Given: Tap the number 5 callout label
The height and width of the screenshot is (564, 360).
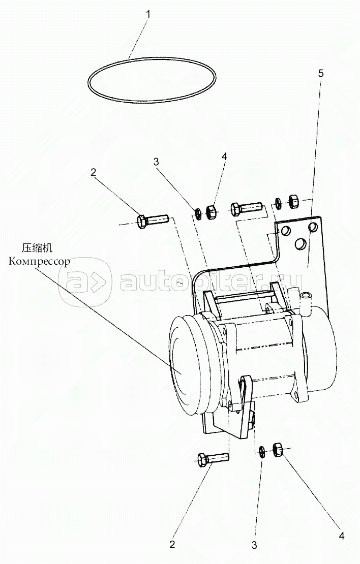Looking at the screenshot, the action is [x=320, y=73].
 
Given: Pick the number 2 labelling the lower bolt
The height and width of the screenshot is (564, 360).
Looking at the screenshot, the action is [x=172, y=545].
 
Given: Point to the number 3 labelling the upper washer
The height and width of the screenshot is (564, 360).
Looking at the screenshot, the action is [x=157, y=162].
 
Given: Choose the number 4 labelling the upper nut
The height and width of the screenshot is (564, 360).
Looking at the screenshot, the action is [x=224, y=158].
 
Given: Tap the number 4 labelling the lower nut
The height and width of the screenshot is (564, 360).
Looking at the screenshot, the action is [x=342, y=536].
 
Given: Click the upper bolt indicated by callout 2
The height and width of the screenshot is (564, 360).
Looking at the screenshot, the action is [x=153, y=221].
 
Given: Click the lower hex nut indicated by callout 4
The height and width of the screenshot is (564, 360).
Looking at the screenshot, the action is [x=278, y=449].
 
